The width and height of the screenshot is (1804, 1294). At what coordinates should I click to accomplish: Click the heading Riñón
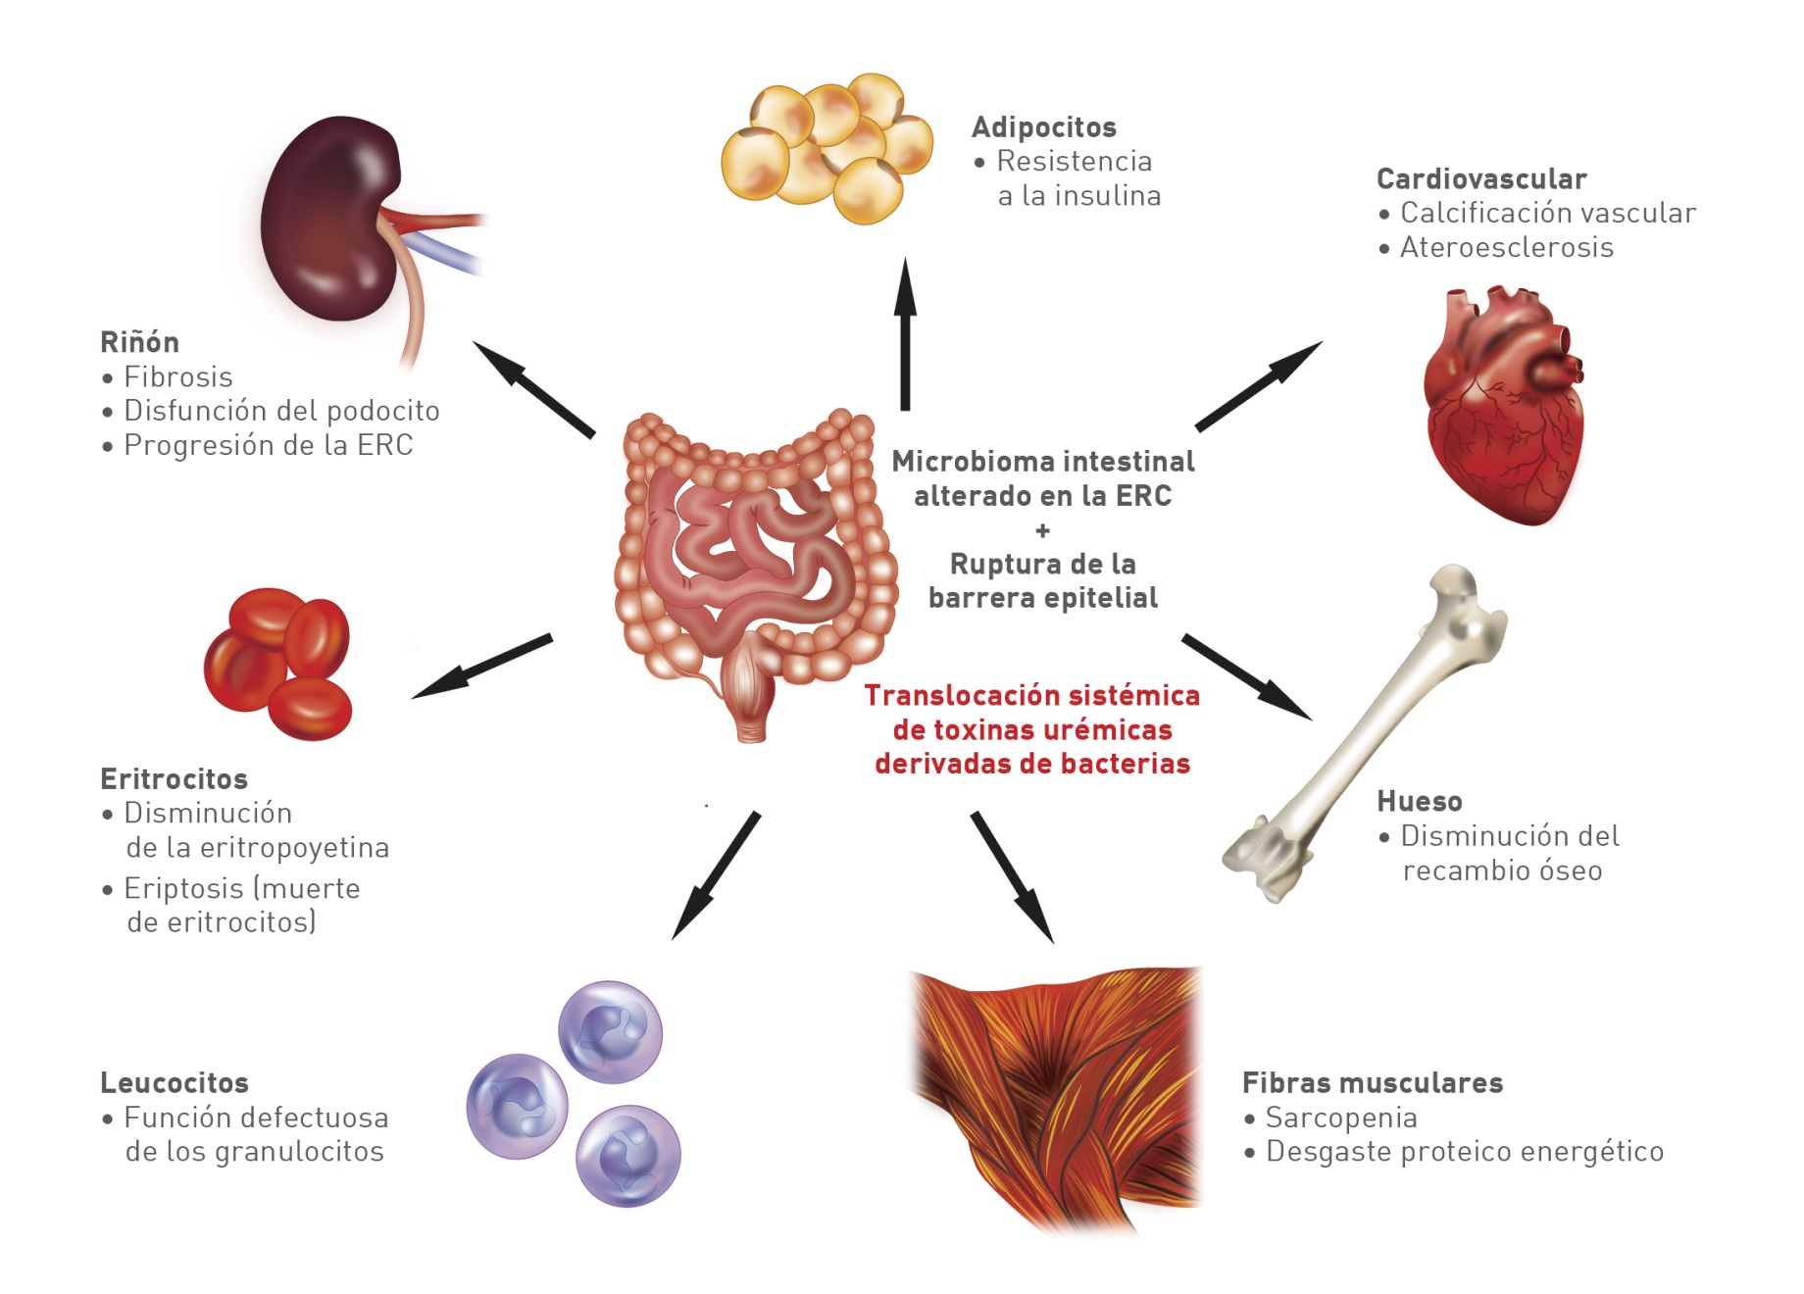point(139,342)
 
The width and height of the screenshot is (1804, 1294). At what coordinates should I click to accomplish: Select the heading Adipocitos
point(1043,127)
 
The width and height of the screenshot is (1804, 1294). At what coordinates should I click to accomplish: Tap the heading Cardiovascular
point(1480,179)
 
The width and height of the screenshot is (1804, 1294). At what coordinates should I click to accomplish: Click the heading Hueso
point(1419,801)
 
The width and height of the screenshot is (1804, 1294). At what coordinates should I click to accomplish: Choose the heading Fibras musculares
point(1372,1082)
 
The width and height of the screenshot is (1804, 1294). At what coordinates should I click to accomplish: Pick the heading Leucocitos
point(174,1082)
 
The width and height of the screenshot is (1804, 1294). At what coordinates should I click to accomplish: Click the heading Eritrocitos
point(174,778)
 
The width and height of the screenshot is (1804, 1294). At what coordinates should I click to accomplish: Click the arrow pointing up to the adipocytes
point(905,333)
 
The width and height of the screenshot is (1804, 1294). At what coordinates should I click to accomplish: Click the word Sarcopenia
point(1340,1118)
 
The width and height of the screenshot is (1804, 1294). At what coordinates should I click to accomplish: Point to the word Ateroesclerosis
point(1506,247)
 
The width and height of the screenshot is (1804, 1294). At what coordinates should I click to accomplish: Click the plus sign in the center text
point(1042,530)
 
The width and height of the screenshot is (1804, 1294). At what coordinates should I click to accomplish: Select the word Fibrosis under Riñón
point(177,376)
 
